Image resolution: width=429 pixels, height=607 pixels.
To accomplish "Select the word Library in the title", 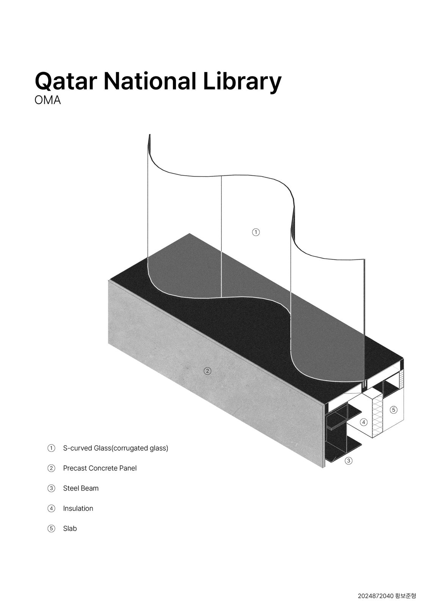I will pyautogui.click(x=242, y=81).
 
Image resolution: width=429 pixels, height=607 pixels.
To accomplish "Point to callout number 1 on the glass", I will pyautogui.click(x=256, y=232).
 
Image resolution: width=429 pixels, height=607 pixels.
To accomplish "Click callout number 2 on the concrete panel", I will pyautogui.click(x=207, y=371).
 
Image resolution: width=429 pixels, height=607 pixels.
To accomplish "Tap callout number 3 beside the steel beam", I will pyautogui.click(x=349, y=461).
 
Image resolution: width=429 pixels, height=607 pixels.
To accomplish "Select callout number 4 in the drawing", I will pyautogui.click(x=363, y=422).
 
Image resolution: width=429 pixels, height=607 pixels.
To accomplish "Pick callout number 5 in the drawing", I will pyautogui.click(x=394, y=409).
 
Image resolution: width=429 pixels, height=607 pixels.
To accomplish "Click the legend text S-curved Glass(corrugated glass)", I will pyautogui.click(x=115, y=448).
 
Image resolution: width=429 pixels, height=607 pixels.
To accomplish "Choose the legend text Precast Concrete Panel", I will pyautogui.click(x=100, y=468).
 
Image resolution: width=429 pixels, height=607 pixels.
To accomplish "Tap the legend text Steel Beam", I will pyautogui.click(x=81, y=488).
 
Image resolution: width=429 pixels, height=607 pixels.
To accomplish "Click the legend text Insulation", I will pyautogui.click(x=78, y=508).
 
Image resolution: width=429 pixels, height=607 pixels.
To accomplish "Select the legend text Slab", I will pyautogui.click(x=70, y=528).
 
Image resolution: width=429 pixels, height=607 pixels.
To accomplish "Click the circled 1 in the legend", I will pyautogui.click(x=51, y=448).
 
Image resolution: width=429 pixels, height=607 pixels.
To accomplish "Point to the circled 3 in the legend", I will pyautogui.click(x=51, y=488).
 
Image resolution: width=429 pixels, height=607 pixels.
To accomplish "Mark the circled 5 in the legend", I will pyautogui.click(x=51, y=528).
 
